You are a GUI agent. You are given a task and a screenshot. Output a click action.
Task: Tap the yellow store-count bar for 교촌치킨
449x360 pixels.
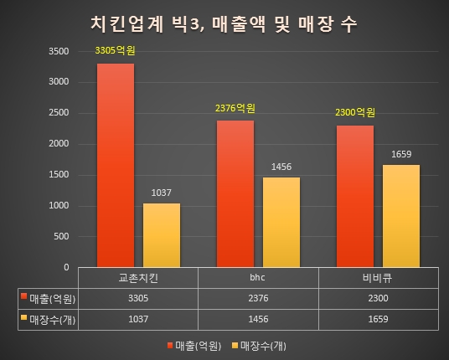tap(161, 235)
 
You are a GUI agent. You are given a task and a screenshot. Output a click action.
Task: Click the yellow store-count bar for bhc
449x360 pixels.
tap(281, 223)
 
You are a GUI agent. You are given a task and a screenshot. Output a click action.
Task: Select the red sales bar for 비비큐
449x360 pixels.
tap(355, 197)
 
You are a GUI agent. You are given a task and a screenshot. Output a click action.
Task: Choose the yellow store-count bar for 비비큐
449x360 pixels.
tap(401, 216)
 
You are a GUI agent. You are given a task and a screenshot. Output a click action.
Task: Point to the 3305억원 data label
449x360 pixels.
tap(115, 52)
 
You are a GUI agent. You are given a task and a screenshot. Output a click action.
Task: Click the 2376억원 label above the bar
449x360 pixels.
tap(235, 108)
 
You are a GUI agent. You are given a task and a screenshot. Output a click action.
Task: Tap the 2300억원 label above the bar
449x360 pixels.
tap(355, 113)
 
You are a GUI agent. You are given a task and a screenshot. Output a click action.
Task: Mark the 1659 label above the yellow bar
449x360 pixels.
tap(401, 154)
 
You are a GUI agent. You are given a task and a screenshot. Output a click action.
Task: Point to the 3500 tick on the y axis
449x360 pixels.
tap(59, 51)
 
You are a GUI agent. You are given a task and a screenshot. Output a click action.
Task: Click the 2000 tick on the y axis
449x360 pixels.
tap(59, 144)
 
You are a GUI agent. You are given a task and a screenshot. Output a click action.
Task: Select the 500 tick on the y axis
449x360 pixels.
tap(62, 237)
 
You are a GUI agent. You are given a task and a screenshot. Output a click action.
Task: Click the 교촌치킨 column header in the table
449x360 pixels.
tap(138, 277)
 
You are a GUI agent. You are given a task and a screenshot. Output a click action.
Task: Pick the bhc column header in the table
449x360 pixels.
tap(258, 277)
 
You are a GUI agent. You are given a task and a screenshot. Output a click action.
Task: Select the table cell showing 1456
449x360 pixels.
tap(258, 319)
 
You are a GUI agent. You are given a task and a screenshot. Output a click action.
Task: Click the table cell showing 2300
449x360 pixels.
tap(378, 297)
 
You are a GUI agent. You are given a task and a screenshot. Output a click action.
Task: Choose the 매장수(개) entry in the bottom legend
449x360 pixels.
tap(262, 345)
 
